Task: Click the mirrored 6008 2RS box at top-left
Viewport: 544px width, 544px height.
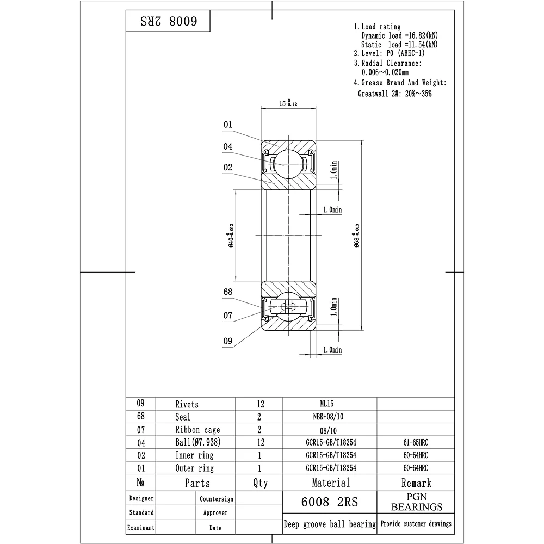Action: [168, 21]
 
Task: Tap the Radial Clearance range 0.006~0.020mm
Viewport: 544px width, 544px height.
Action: [385, 72]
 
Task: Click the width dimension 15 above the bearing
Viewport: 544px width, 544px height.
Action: [288, 103]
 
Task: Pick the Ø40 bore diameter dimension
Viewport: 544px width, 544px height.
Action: [231, 235]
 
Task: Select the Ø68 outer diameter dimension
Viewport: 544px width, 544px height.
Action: [357, 235]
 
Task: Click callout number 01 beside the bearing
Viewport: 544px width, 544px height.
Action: [227, 125]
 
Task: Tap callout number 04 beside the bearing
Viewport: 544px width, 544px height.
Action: [227, 146]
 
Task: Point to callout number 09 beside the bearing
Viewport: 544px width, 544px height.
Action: [227, 341]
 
